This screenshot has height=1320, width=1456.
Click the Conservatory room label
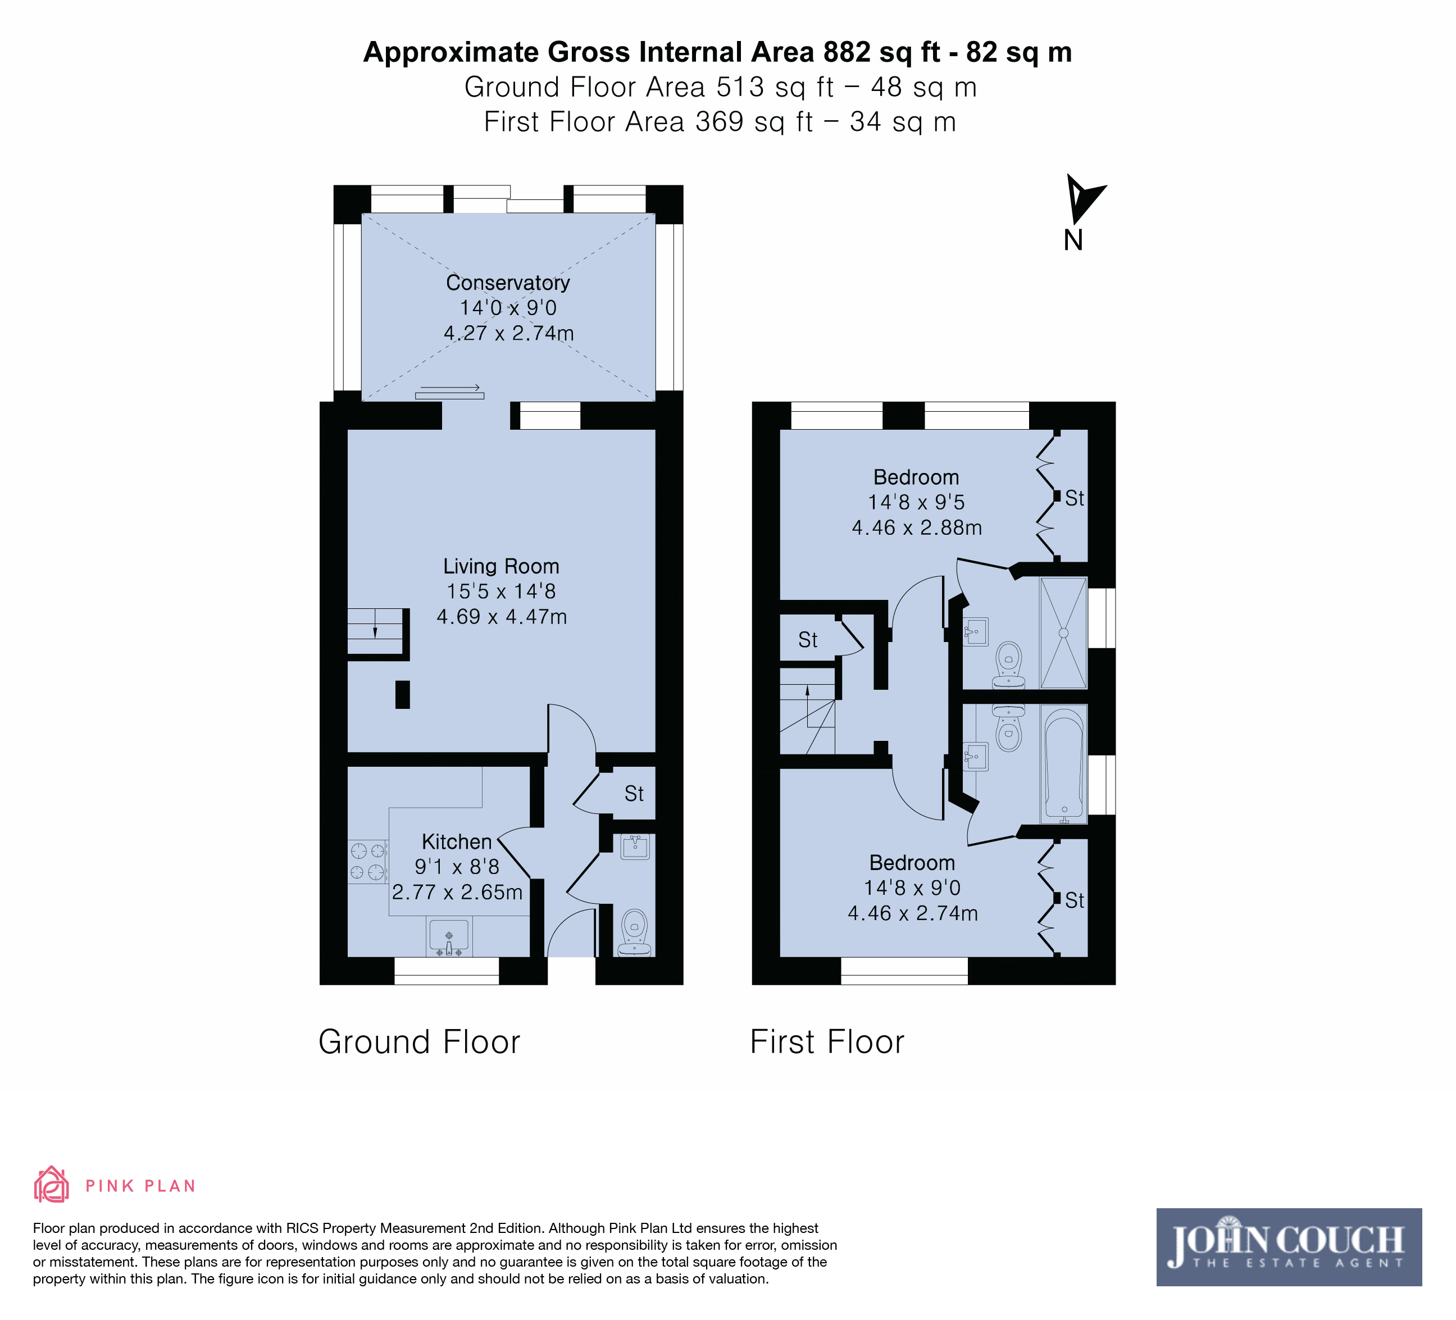508,283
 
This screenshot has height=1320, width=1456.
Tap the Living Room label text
501,566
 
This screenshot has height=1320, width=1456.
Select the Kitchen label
457,842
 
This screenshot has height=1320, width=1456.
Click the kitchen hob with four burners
367,862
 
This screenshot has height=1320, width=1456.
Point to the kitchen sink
449,936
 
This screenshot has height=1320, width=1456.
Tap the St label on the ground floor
634,794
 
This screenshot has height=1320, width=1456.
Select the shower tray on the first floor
1063,632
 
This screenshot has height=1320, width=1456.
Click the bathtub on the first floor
1064,764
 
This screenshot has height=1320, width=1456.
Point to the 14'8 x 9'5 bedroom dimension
916,502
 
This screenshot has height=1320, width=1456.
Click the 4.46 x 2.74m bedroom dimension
913,913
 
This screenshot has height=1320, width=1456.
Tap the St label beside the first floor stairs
807,640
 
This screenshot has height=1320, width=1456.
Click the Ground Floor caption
420,1042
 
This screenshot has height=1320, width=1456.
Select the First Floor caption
827,1042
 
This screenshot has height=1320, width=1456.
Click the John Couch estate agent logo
1289,1247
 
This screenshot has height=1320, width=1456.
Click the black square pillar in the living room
402,695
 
